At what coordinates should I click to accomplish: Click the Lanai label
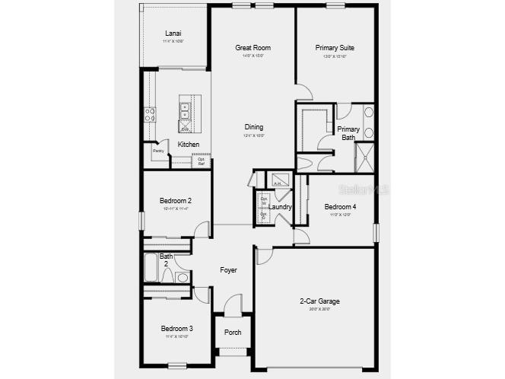coord(173,33)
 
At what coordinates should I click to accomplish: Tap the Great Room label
coord(252,48)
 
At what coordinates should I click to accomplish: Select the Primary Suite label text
coord(335,48)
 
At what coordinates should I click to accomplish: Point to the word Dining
coord(254,127)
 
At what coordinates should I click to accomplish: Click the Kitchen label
coord(189,145)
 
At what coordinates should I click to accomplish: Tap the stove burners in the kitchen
coord(150,115)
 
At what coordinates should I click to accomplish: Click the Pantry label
coord(158,151)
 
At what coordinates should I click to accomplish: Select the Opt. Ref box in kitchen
coord(202,161)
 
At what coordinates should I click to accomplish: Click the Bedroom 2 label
coord(175,201)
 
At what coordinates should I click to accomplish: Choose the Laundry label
coord(281,207)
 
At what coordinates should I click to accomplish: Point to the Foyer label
coord(228,270)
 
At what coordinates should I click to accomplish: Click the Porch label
coord(232,333)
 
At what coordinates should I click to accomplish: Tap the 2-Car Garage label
coord(319,301)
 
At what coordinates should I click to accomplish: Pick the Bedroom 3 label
coord(176,329)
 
